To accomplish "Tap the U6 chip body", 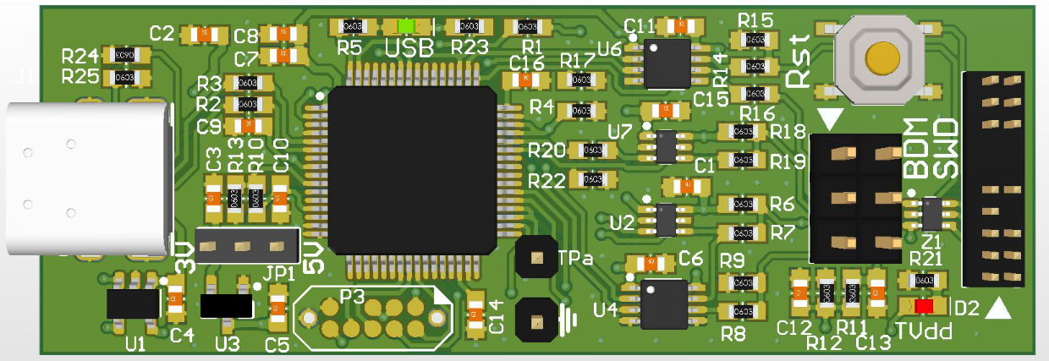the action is point(666,63).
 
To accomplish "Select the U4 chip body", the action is point(663,304).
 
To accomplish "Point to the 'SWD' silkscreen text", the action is point(944,148).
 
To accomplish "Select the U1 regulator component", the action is point(133,303).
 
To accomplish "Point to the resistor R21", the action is point(924,279).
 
